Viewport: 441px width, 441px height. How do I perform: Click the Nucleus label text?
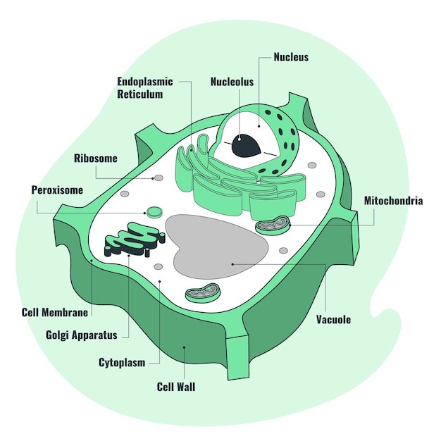click(291, 57)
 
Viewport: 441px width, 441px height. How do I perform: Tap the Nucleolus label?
click(232, 82)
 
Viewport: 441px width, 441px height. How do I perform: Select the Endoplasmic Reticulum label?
click(139, 87)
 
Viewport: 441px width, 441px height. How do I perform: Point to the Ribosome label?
click(96, 159)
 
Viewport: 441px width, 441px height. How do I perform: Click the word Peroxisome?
click(57, 190)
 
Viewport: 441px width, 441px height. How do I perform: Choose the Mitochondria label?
click(393, 201)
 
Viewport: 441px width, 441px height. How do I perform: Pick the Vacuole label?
click(334, 319)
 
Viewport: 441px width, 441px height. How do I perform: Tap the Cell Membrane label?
click(55, 312)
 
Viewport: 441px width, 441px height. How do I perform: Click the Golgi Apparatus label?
click(81, 335)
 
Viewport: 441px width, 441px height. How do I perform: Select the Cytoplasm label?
click(122, 363)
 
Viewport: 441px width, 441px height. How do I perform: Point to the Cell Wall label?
click(175, 387)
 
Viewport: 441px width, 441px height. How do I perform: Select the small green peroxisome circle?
click(154, 211)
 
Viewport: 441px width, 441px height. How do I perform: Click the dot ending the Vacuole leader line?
click(232, 264)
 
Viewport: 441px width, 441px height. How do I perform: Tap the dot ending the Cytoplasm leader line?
click(160, 281)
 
